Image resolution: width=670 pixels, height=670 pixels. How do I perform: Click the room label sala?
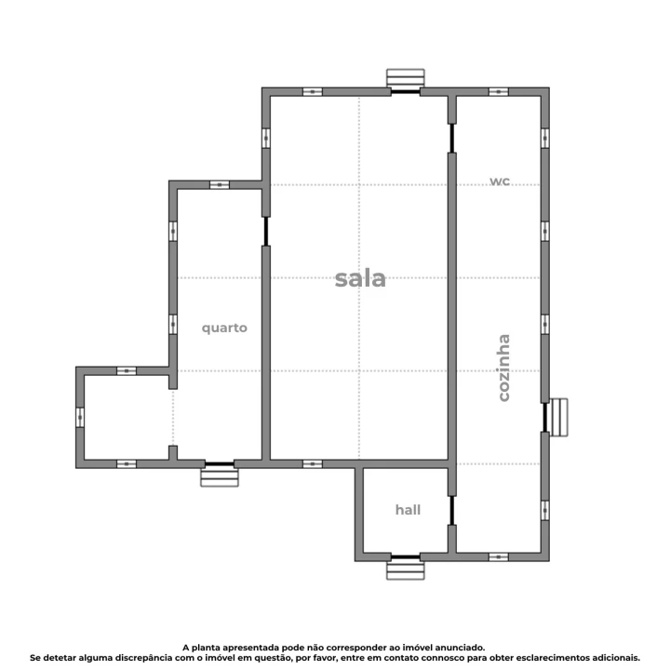tap(360, 278)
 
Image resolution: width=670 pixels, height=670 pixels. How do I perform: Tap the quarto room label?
tap(225, 328)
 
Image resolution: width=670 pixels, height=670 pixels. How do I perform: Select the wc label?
tap(500, 181)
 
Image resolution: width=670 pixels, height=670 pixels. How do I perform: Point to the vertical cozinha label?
tap(503, 368)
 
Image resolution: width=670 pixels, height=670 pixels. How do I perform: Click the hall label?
tap(408, 510)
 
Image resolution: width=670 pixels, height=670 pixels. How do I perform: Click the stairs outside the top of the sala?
tap(405, 78)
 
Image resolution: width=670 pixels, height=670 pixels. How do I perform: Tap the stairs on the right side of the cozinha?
tap(557, 416)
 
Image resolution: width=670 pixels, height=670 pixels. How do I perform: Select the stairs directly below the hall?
tap(405, 569)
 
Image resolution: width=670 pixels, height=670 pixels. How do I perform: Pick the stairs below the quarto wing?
tap(220, 476)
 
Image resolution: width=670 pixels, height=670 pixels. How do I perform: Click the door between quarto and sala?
tap(266, 230)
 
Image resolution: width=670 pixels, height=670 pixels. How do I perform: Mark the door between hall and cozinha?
tap(452, 510)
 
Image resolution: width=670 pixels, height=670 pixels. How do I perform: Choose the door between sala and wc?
tap(452, 138)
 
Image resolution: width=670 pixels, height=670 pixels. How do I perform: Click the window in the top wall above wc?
tap(499, 92)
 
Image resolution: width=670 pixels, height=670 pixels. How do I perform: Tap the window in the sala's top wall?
tap(313, 92)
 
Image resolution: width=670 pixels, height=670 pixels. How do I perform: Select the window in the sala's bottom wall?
tap(313, 463)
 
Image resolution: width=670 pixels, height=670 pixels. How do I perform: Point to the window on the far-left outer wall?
tap(80, 416)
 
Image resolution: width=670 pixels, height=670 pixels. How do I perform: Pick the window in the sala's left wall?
tap(266, 138)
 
